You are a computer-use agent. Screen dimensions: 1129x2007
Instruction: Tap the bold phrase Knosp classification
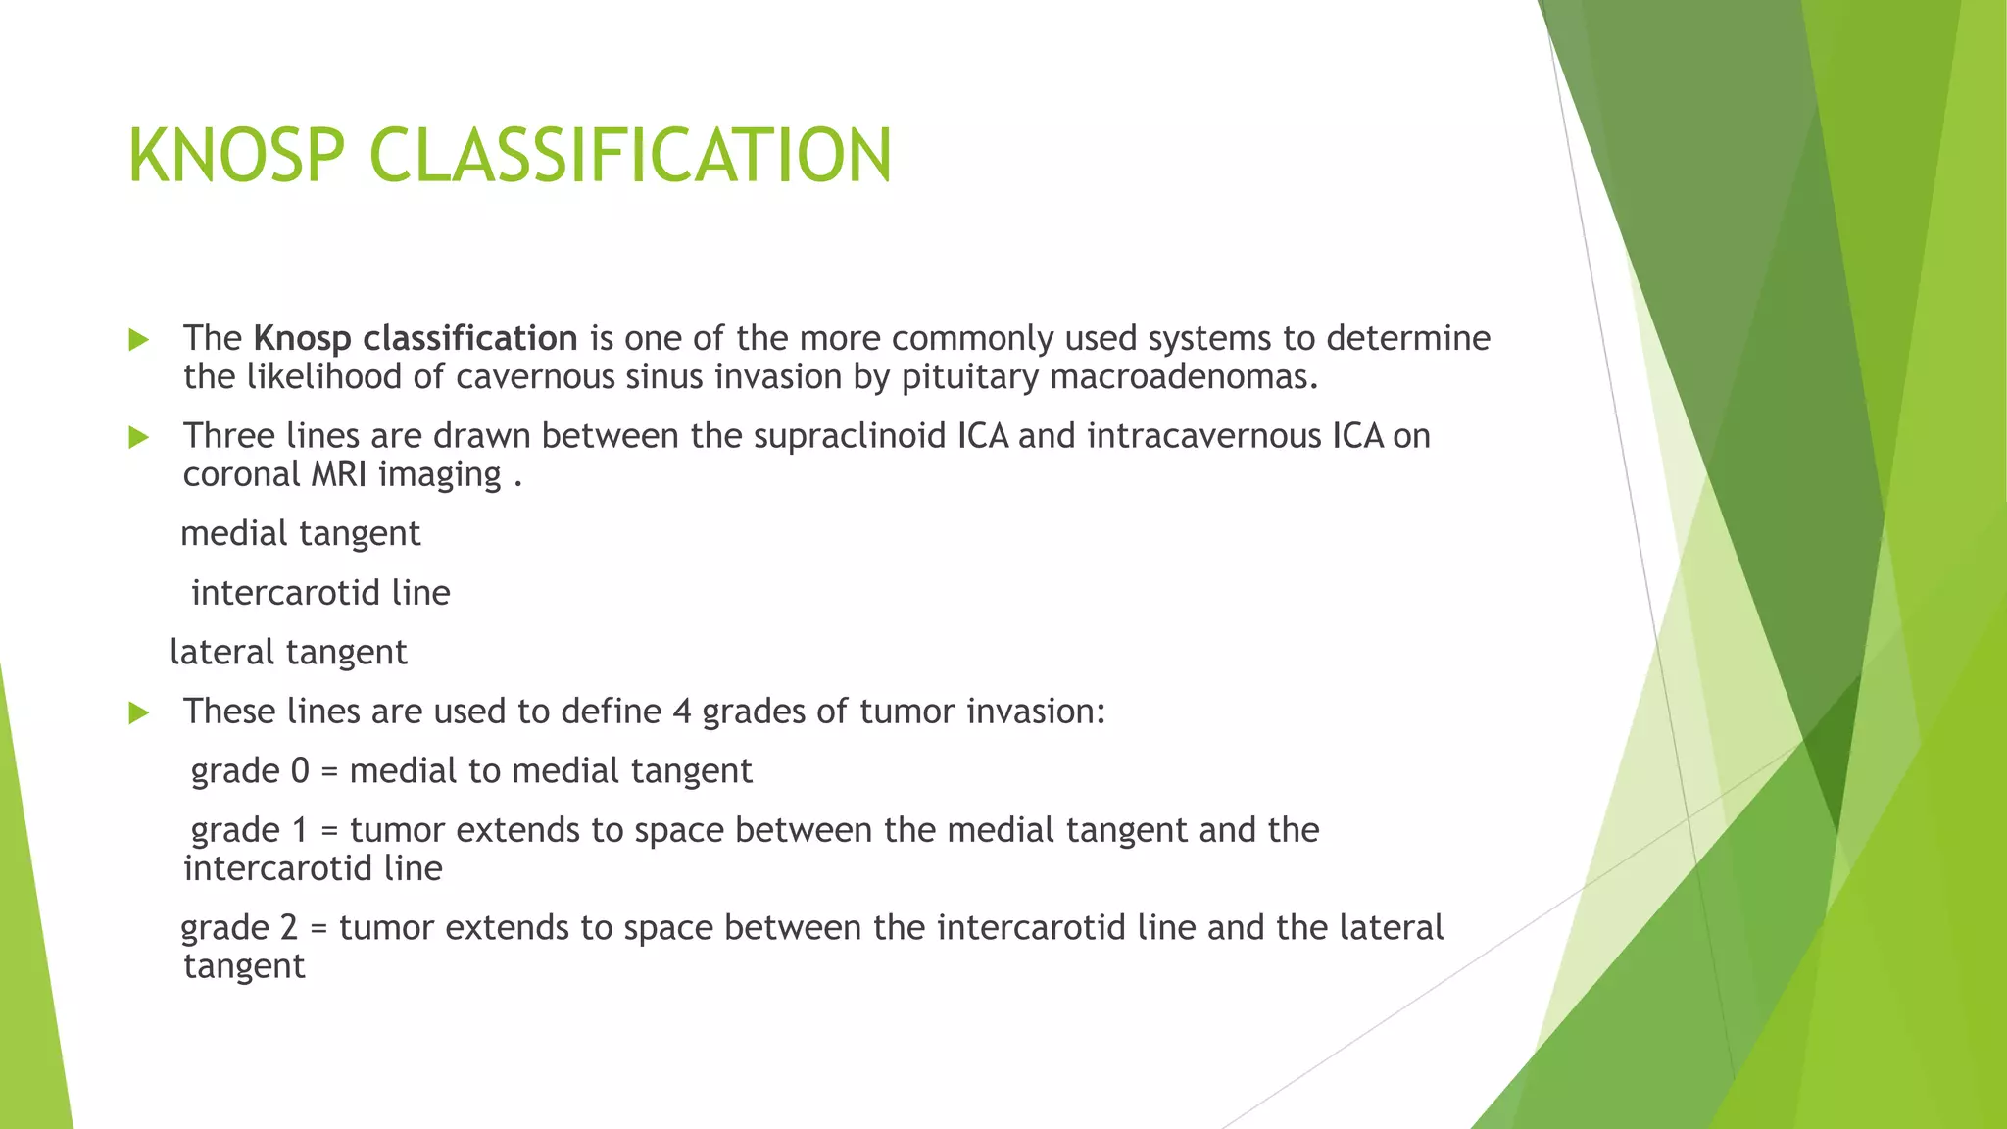point(416,338)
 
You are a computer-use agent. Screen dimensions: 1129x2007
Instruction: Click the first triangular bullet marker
point(139,340)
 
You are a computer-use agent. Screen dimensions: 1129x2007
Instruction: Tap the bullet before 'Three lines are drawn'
point(139,438)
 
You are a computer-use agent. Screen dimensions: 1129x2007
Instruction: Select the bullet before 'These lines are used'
point(139,713)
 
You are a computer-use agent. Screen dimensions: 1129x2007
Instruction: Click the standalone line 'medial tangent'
point(300,534)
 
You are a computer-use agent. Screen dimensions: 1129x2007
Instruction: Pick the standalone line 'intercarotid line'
point(320,593)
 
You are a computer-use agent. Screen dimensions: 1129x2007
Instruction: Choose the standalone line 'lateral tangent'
point(288,653)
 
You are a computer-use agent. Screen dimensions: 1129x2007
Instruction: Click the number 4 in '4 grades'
point(682,712)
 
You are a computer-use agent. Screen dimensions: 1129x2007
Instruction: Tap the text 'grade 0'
point(250,771)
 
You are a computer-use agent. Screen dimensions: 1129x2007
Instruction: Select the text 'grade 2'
point(239,928)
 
